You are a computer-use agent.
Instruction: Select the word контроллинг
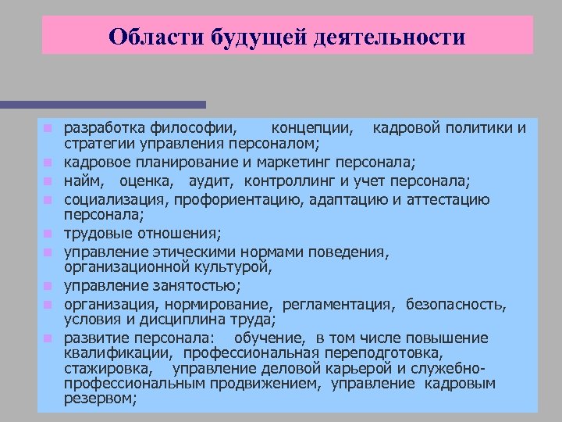click(x=289, y=182)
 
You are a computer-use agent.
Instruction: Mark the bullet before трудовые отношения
click(x=48, y=234)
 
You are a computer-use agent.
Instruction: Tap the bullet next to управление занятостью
click(x=48, y=286)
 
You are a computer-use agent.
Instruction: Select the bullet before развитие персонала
click(x=48, y=339)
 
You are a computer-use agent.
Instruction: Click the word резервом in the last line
click(x=100, y=398)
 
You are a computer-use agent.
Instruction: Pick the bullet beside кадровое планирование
click(x=48, y=163)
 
